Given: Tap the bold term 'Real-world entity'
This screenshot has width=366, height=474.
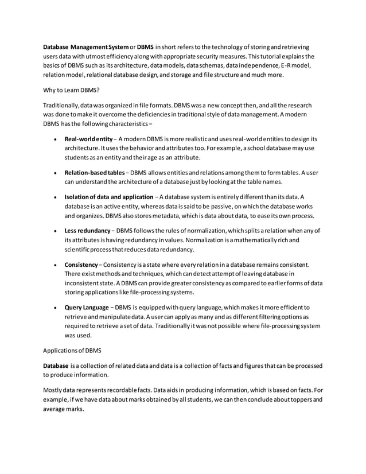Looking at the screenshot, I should pyautogui.click(x=88, y=139).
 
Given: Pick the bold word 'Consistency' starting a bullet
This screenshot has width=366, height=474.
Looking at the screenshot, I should pyautogui.click(x=81, y=265).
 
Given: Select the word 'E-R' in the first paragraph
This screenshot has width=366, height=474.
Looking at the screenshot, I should pyautogui.click(x=293, y=65).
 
